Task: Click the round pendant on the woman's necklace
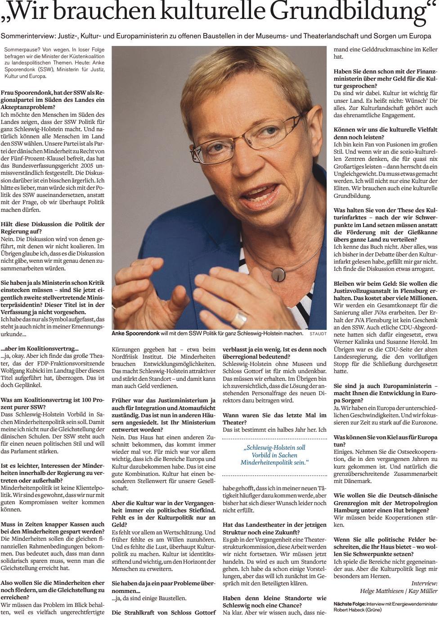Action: [278, 274]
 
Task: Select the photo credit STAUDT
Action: [318, 334]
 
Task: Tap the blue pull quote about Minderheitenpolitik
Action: [274, 455]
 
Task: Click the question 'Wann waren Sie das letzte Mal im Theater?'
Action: [274, 419]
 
